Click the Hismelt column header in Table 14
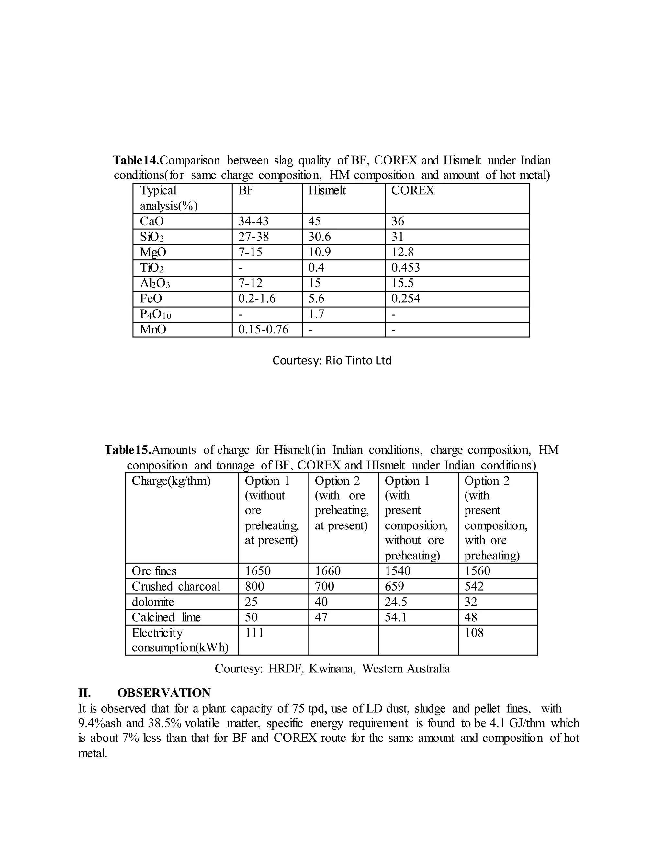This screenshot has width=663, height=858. [327, 190]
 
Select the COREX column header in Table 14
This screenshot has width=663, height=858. [412, 190]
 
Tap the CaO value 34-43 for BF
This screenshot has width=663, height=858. [253, 221]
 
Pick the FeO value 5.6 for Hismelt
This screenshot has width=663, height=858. [316, 299]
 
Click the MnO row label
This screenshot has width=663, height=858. [153, 330]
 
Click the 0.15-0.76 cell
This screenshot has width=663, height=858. [263, 330]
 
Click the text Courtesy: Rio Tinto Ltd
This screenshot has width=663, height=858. [332, 361]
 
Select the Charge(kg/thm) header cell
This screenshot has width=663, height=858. [171, 481]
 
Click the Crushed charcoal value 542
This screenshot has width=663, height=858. [474, 587]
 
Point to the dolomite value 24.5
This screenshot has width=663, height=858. [396, 602]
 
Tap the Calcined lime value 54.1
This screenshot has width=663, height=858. [396, 617]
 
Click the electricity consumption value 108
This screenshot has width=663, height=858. [474, 633]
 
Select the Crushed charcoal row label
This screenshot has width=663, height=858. [176, 587]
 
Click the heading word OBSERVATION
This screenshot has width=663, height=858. [164, 693]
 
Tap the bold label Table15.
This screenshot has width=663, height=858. [128, 450]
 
